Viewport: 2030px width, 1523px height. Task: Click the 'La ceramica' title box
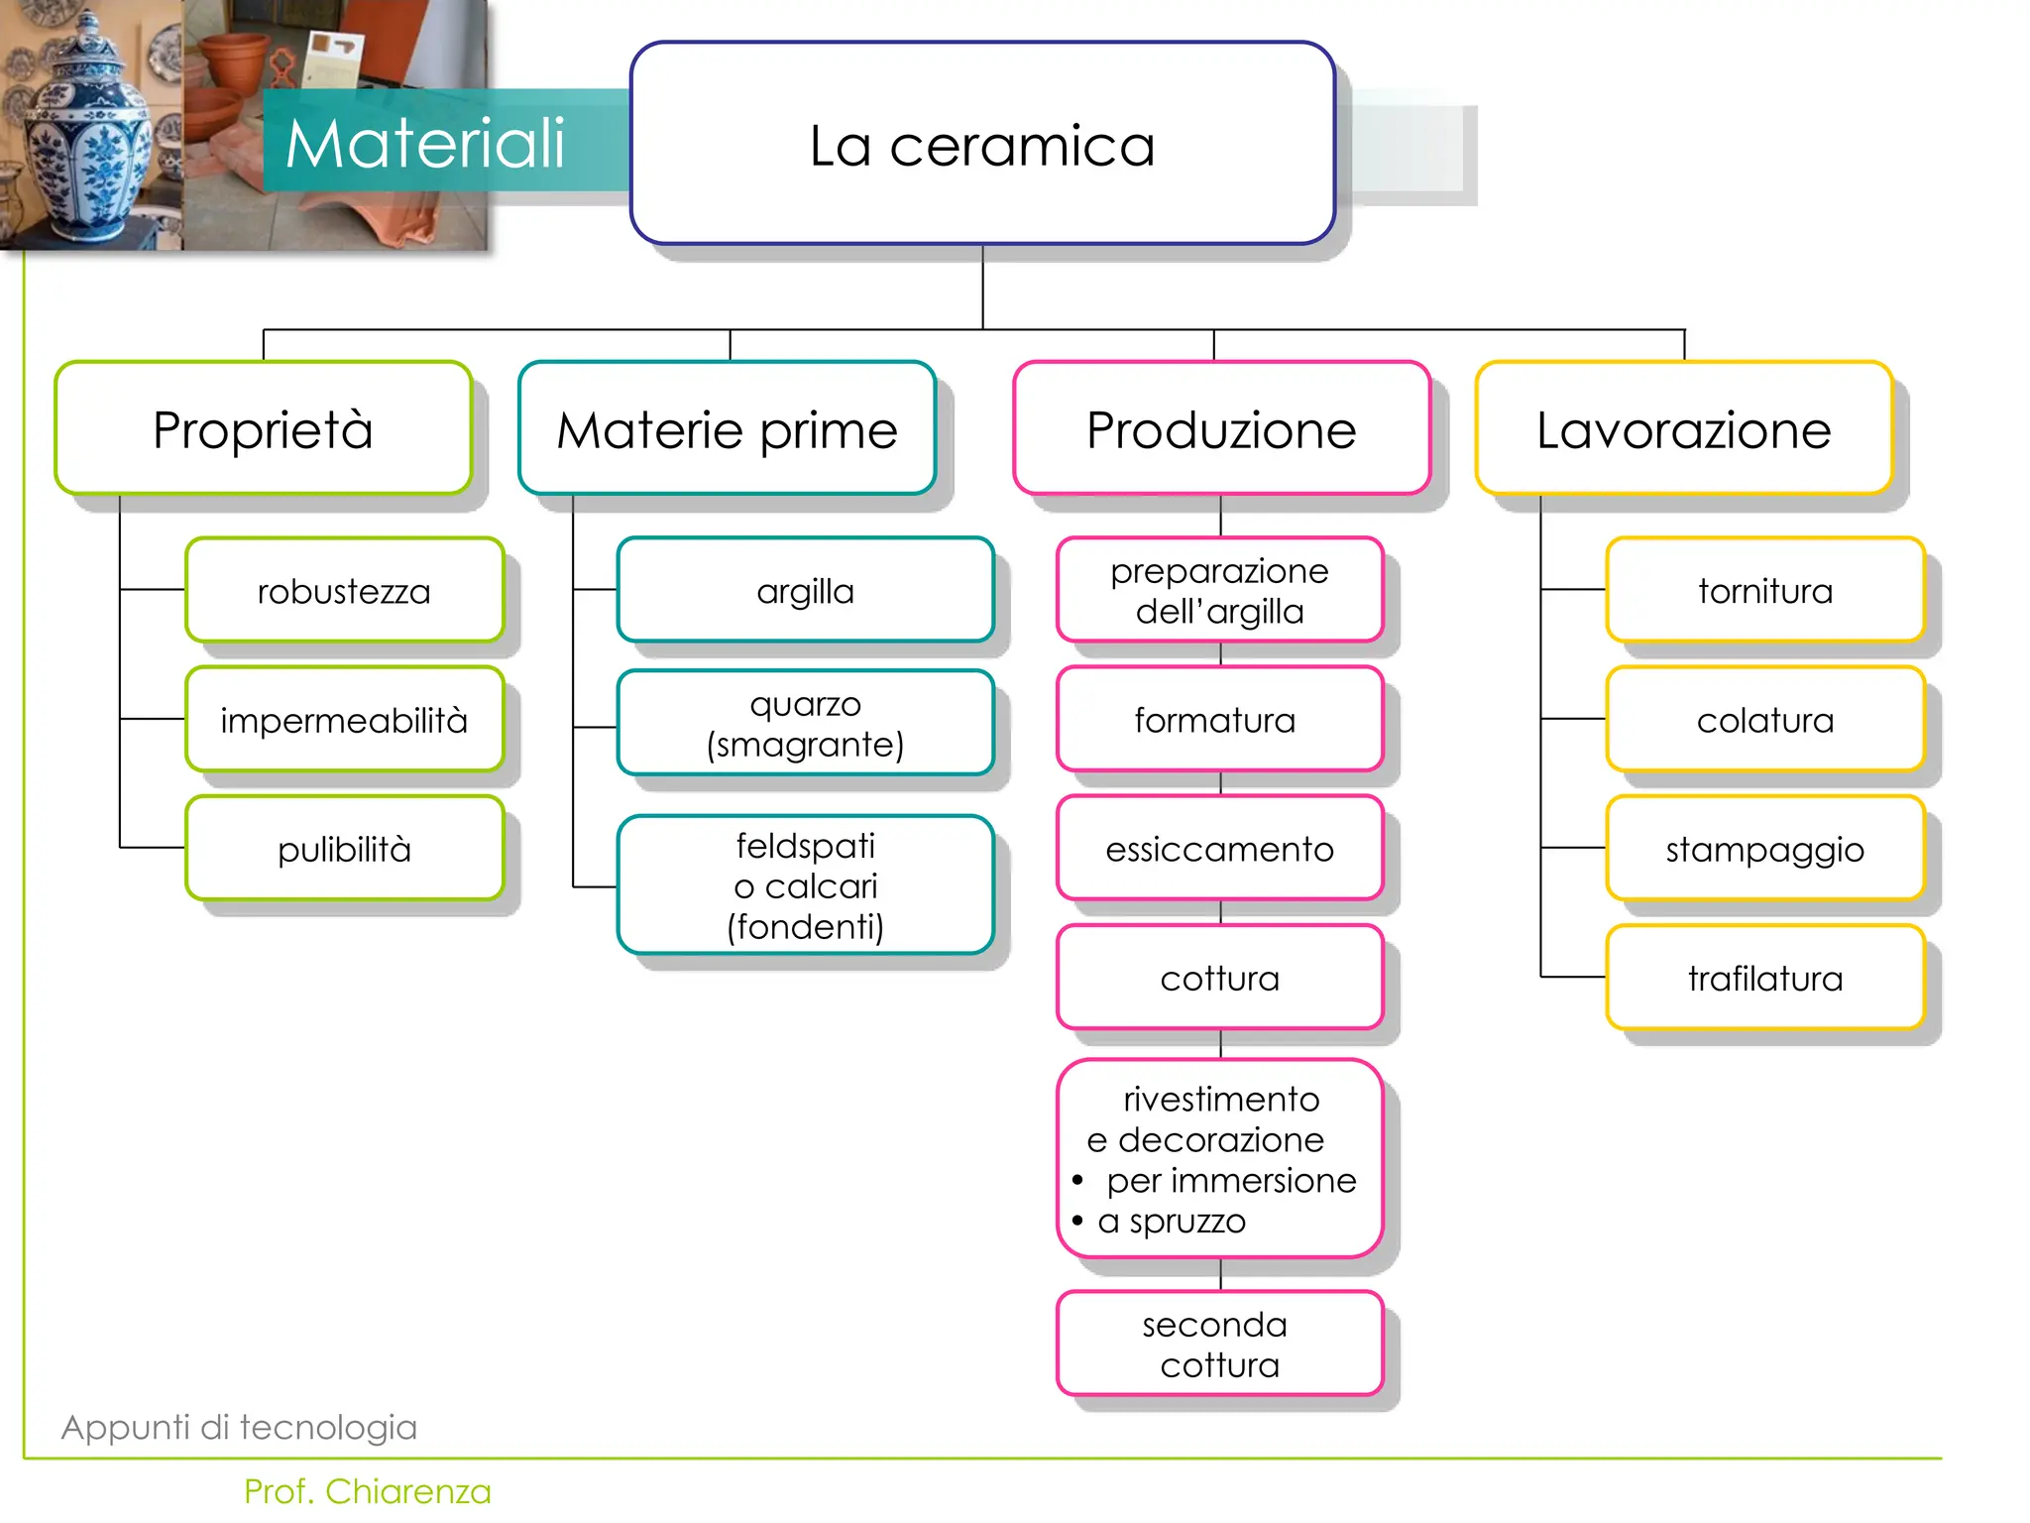pos(981,144)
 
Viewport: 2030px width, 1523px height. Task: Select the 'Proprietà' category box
pos(264,428)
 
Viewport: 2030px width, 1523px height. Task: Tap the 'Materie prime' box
pos(728,428)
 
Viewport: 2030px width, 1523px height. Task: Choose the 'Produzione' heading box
pos(1221,428)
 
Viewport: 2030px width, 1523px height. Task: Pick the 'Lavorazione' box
pos(1684,428)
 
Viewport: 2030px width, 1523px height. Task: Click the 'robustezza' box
pos(344,591)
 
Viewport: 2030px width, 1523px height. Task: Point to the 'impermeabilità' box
pos(344,720)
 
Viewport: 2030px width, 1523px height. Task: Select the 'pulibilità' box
pos(344,849)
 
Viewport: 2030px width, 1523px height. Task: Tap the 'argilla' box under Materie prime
pos(805,591)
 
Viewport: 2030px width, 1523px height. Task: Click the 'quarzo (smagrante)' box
pos(805,723)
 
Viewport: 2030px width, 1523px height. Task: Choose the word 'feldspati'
pos(805,846)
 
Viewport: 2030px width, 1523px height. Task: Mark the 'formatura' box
pos(1219,720)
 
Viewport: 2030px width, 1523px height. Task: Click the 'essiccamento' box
pos(1219,849)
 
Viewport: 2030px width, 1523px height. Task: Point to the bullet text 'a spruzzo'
pos(1172,1221)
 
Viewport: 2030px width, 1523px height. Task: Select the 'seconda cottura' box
pos(1219,1344)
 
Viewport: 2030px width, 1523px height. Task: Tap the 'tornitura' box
pos(1764,591)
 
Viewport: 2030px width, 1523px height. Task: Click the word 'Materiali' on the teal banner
pos(425,144)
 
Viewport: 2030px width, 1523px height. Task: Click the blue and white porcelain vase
pos(84,129)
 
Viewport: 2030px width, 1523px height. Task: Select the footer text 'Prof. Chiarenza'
pos(368,1491)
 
